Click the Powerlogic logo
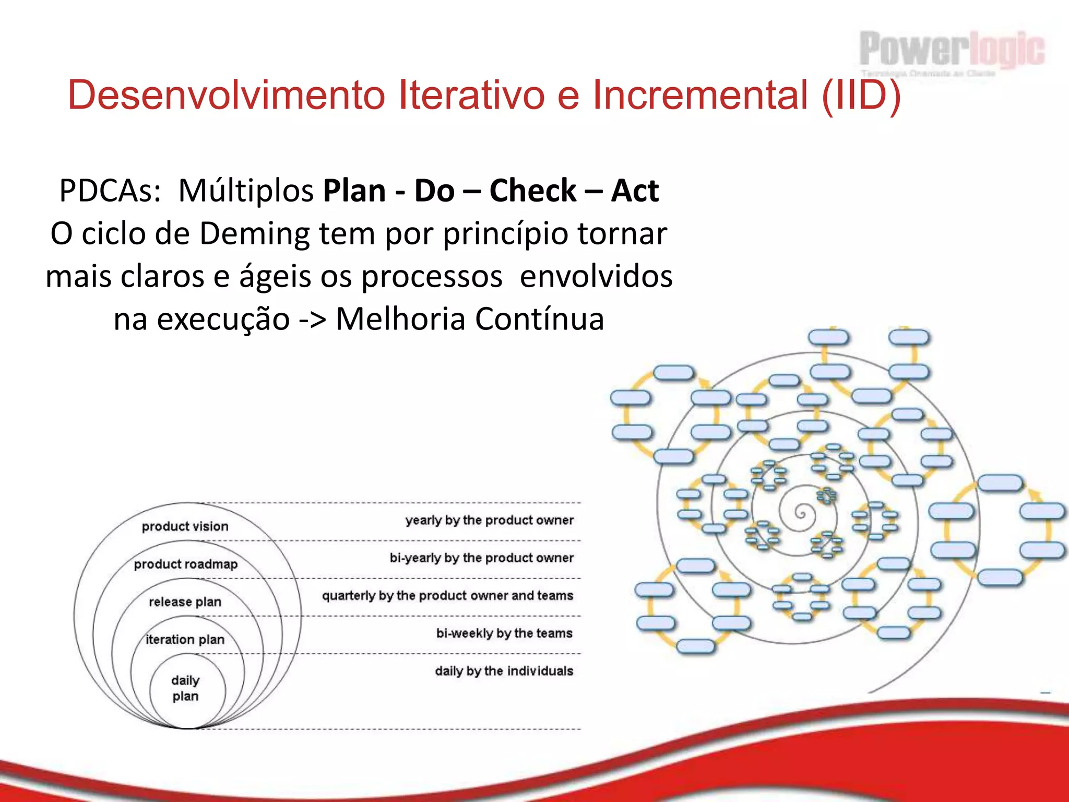(952, 51)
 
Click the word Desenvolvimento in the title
(227, 96)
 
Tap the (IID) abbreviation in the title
(861, 96)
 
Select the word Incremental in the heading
(700, 96)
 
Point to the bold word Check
(532, 191)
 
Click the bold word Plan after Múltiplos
(354, 191)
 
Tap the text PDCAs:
(110, 191)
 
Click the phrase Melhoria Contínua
(469, 319)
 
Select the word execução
(223, 319)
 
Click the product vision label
(185, 526)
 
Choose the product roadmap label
(185, 564)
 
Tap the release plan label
(185, 602)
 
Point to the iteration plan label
(185, 640)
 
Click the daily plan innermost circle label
(185, 688)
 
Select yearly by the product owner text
(489, 520)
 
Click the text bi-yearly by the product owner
(481, 558)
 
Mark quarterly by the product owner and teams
(447, 596)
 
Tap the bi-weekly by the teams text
(504, 633)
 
